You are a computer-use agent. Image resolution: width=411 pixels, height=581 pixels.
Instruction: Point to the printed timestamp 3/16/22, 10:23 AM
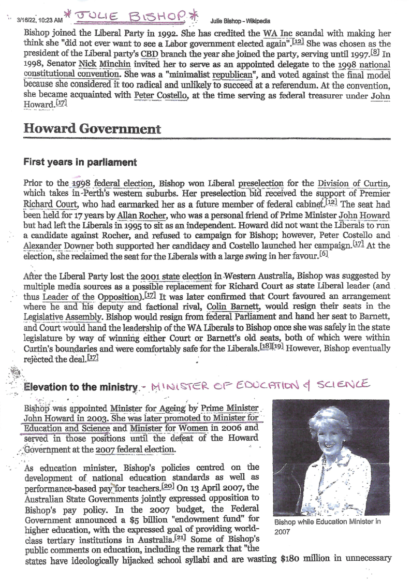click(x=39, y=21)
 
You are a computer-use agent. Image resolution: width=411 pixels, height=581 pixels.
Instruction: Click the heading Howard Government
click(x=92, y=129)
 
